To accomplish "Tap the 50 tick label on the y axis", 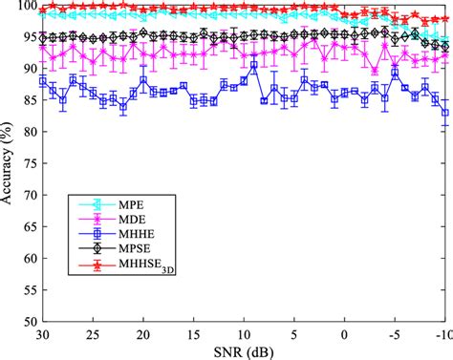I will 26,322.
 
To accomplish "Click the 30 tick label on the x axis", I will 41,334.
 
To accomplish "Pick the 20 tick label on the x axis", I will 142,334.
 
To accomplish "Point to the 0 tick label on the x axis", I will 345,334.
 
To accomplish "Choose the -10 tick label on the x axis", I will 442,334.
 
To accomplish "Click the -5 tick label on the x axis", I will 394,334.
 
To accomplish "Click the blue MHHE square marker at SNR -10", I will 445,113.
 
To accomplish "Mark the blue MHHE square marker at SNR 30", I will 42,82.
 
